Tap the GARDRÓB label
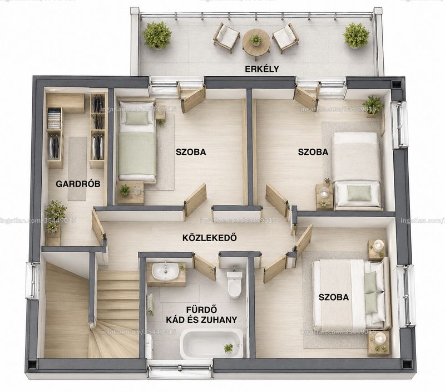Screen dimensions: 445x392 click(x=78, y=184)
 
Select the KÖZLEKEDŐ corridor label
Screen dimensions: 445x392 click(x=210, y=237)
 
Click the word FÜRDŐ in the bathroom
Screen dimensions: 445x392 click(x=201, y=309)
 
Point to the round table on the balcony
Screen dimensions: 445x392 click(x=256, y=43)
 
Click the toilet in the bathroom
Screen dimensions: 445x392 click(x=234, y=285)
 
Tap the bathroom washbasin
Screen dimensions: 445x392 click(x=165, y=271)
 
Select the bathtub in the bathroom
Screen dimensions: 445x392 click(x=212, y=344)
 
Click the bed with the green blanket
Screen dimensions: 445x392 click(x=137, y=141)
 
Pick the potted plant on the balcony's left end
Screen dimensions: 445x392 click(x=157, y=35)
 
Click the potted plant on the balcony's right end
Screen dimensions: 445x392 click(x=356, y=36)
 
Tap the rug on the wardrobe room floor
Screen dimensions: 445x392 click(x=77, y=169)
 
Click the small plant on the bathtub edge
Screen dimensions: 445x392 click(x=228, y=348)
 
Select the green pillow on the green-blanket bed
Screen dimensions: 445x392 click(x=137, y=118)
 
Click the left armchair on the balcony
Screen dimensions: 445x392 click(x=226, y=37)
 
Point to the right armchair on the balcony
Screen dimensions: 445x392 click(x=285, y=38)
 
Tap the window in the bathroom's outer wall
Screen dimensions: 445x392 click(x=180, y=369)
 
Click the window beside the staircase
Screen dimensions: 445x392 click(x=32, y=281)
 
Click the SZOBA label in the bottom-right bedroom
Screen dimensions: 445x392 click(x=333, y=297)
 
